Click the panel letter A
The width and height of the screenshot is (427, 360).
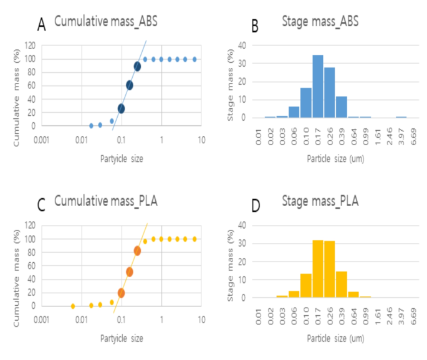[42, 24]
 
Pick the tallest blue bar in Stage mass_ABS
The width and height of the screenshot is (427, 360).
[318, 86]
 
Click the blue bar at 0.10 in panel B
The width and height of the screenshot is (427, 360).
[306, 102]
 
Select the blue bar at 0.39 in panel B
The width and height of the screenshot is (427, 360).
[342, 107]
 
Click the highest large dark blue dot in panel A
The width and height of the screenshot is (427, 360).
[138, 67]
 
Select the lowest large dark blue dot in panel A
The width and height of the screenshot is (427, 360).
[122, 108]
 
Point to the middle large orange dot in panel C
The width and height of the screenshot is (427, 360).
[130, 272]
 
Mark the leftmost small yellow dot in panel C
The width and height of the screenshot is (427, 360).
[73, 306]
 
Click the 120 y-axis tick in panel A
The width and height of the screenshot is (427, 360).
[29, 45]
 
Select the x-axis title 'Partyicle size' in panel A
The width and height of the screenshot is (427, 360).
[122, 158]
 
